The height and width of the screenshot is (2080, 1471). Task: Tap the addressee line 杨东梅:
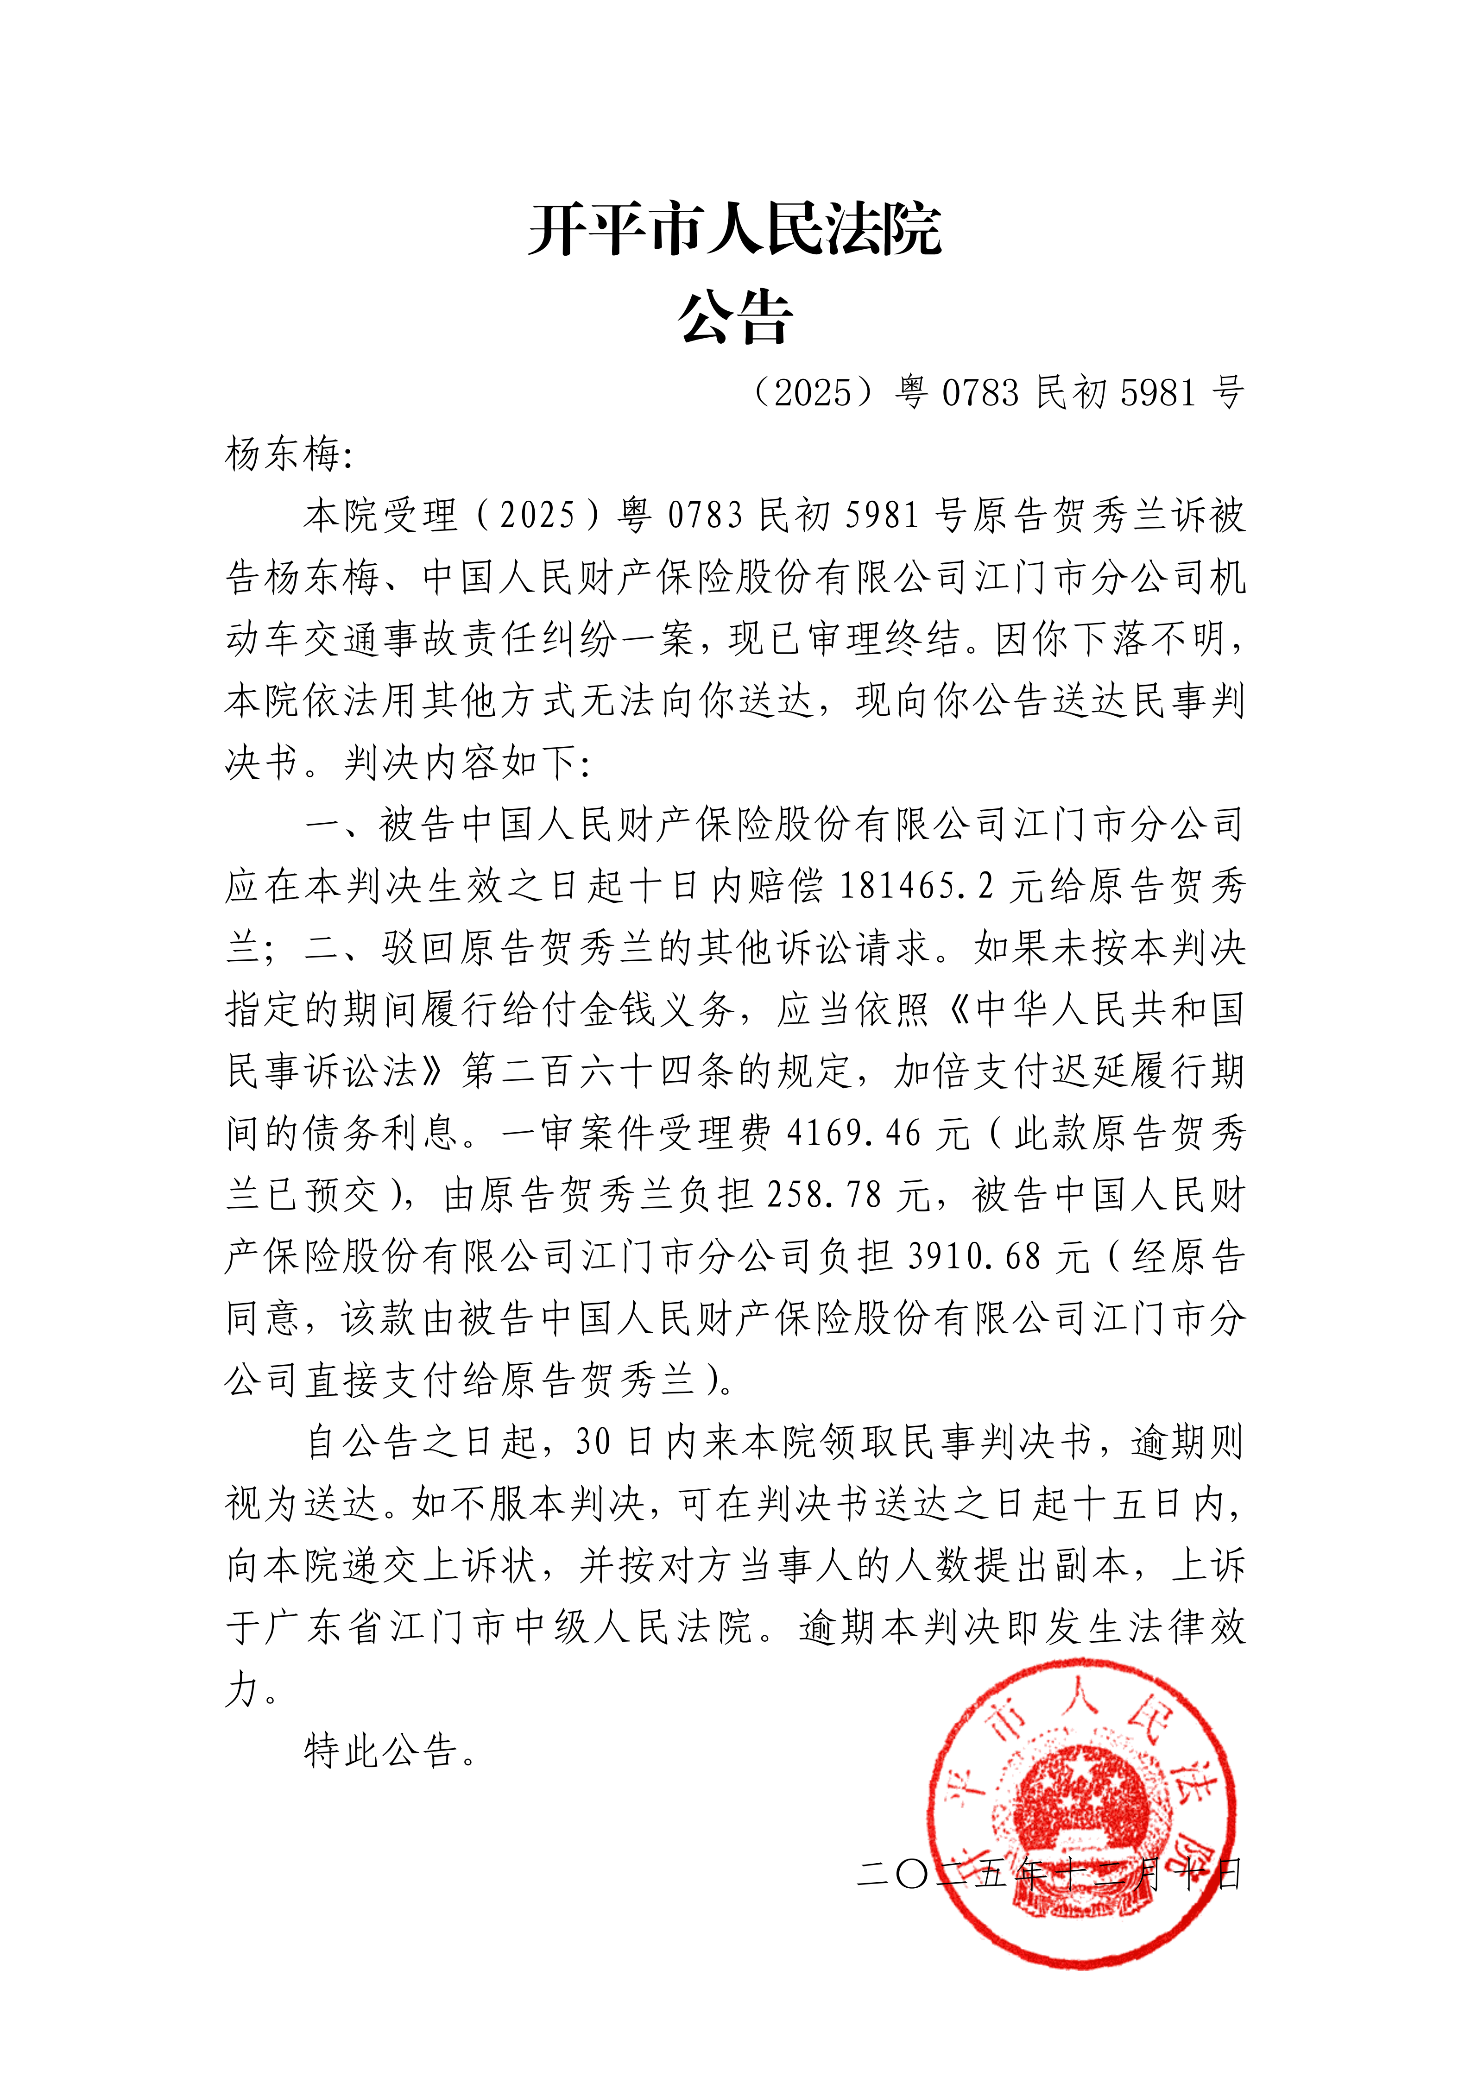[x=288, y=455]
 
